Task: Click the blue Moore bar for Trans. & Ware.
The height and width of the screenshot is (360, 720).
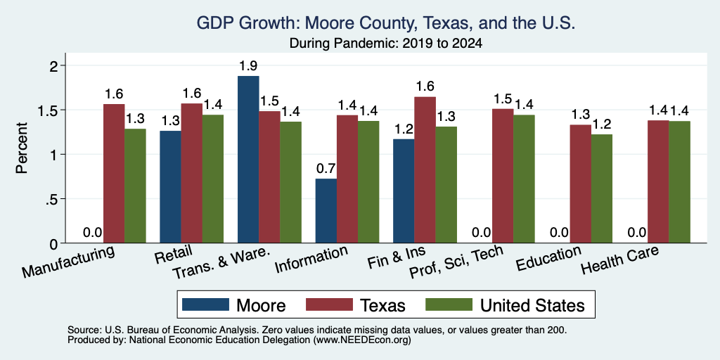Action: (x=248, y=160)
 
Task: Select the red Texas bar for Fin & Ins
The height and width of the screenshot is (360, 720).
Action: (x=425, y=170)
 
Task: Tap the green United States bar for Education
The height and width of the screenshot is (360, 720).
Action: (x=602, y=188)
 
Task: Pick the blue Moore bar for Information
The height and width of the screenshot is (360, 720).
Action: (x=326, y=211)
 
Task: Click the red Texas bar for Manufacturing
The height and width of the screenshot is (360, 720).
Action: (x=114, y=174)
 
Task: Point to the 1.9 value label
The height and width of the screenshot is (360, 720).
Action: (x=248, y=66)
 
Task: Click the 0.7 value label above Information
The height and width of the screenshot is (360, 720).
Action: (x=326, y=169)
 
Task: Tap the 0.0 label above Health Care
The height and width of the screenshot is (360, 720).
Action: (x=637, y=232)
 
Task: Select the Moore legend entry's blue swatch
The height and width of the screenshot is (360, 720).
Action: (x=205, y=304)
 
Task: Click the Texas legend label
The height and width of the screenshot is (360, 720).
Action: (x=383, y=305)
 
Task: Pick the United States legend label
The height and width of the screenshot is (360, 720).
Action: (x=533, y=305)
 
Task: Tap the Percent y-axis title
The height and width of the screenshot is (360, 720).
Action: (x=22, y=148)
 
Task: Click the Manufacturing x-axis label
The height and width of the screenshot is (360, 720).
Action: (x=68, y=262)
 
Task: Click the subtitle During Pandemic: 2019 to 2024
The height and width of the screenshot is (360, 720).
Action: (x=386, y=44)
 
